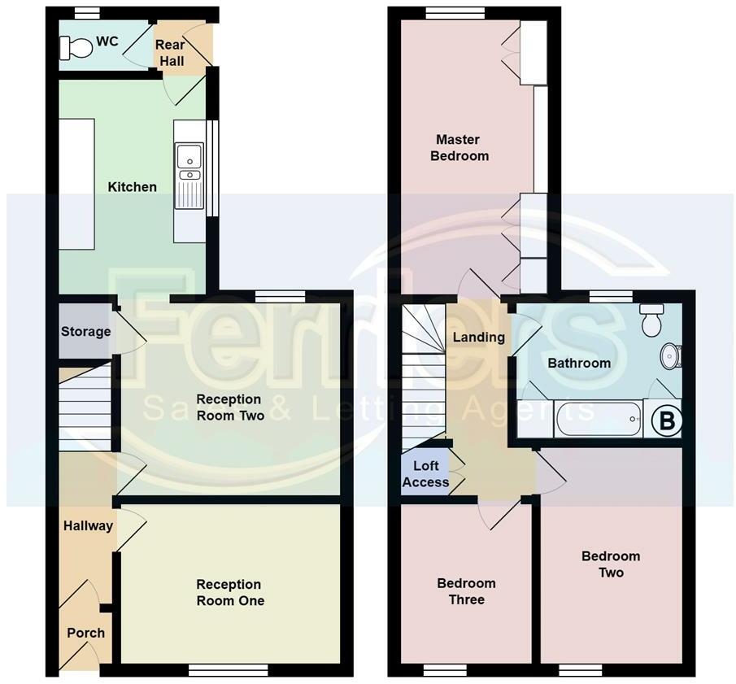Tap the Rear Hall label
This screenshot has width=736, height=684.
170,53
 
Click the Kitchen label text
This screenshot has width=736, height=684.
132,187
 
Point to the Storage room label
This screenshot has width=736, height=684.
85,332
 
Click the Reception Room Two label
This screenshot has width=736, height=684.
230,407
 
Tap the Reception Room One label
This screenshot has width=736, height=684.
230,592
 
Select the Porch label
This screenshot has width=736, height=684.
85,633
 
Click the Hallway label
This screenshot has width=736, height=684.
88,525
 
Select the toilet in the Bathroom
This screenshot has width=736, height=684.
651,320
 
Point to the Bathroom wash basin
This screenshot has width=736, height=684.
671,356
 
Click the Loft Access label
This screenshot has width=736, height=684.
425,474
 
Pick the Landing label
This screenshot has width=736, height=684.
478,337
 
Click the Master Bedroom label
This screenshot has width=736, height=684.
459,147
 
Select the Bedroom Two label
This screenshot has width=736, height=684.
611,564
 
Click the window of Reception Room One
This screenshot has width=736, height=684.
229,669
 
